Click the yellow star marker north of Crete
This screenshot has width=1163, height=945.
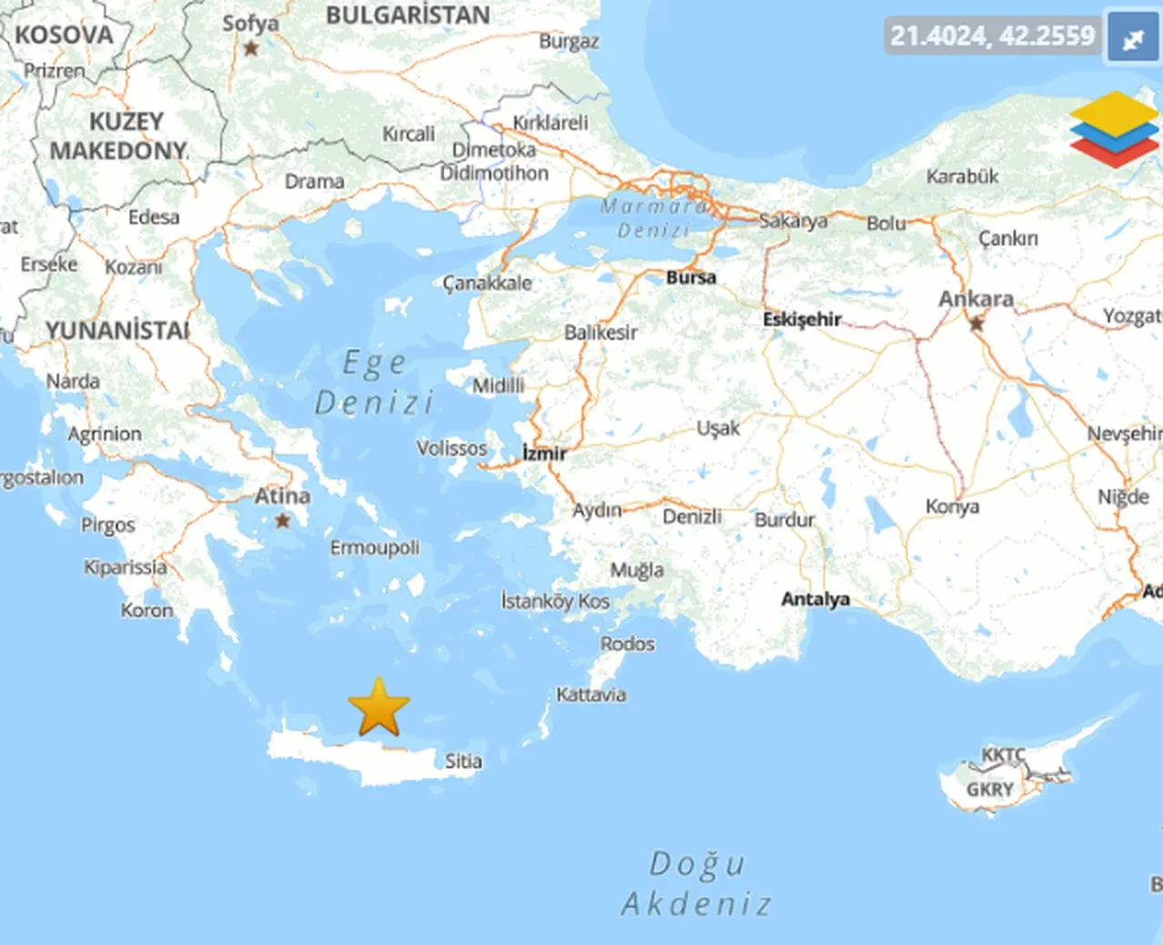pyautogui.click(x=379, y=707)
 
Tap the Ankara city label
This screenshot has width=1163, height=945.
pyautogui.click(x=976, y=299)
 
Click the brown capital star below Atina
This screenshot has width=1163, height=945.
pyautogui.click(x=283, y=521)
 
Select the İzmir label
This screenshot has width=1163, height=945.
pyautogui.click(x=544, y=453)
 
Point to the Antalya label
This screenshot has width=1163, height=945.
pyautogui.click(x=815, y=599)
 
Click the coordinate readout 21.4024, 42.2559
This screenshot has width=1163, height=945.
pyautogui.click(x=992, y=35)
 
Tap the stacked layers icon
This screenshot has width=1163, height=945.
pyautogui.click(x=1114, y=128)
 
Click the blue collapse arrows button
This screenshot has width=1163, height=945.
pyautogui.click(x=1133, y=38)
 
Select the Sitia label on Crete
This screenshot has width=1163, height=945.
pyautogui.click(x=463, y=761)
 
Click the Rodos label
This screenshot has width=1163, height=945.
pyautogui.click(x=627, y=643)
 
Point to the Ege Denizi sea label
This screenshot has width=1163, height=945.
pyautogui.click(x=374, y=383)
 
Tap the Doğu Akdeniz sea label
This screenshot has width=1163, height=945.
pyautogui.click(x=698, y=883)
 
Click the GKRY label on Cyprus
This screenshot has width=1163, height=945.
pyautogui.click(x=989, y=790)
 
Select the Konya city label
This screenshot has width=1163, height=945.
pyautogui.click(x=952, y=507)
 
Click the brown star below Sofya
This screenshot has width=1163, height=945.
pyautogui.click(x=252, y=47)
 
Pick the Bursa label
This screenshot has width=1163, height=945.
pyautogui.click(x=691, y=277)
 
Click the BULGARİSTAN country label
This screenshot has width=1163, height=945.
pyautogui.click(x=408, y=15)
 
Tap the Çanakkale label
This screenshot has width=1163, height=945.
pyautogui.click(x=487, y=283)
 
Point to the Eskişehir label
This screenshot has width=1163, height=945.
pyautogui.click(x=801, y=319)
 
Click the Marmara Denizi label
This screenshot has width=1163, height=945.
pyautogui.click(x=653, y=218)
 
